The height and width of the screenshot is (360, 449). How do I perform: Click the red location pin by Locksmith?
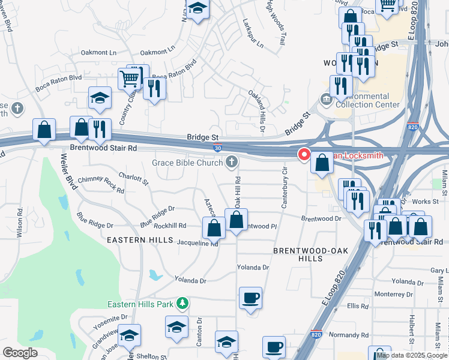[304, 155]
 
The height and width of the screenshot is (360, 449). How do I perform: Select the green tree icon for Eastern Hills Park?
[183, 304]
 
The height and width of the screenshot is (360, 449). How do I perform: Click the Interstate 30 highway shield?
[217, 148]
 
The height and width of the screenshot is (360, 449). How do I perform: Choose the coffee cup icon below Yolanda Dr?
[250, 298]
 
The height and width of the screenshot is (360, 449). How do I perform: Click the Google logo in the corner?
[20, 353]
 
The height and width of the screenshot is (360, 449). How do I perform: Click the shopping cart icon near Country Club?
[129, 78]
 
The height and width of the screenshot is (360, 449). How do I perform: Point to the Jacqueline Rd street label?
[197, 244]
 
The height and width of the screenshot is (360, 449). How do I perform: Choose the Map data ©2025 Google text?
[412, 355]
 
